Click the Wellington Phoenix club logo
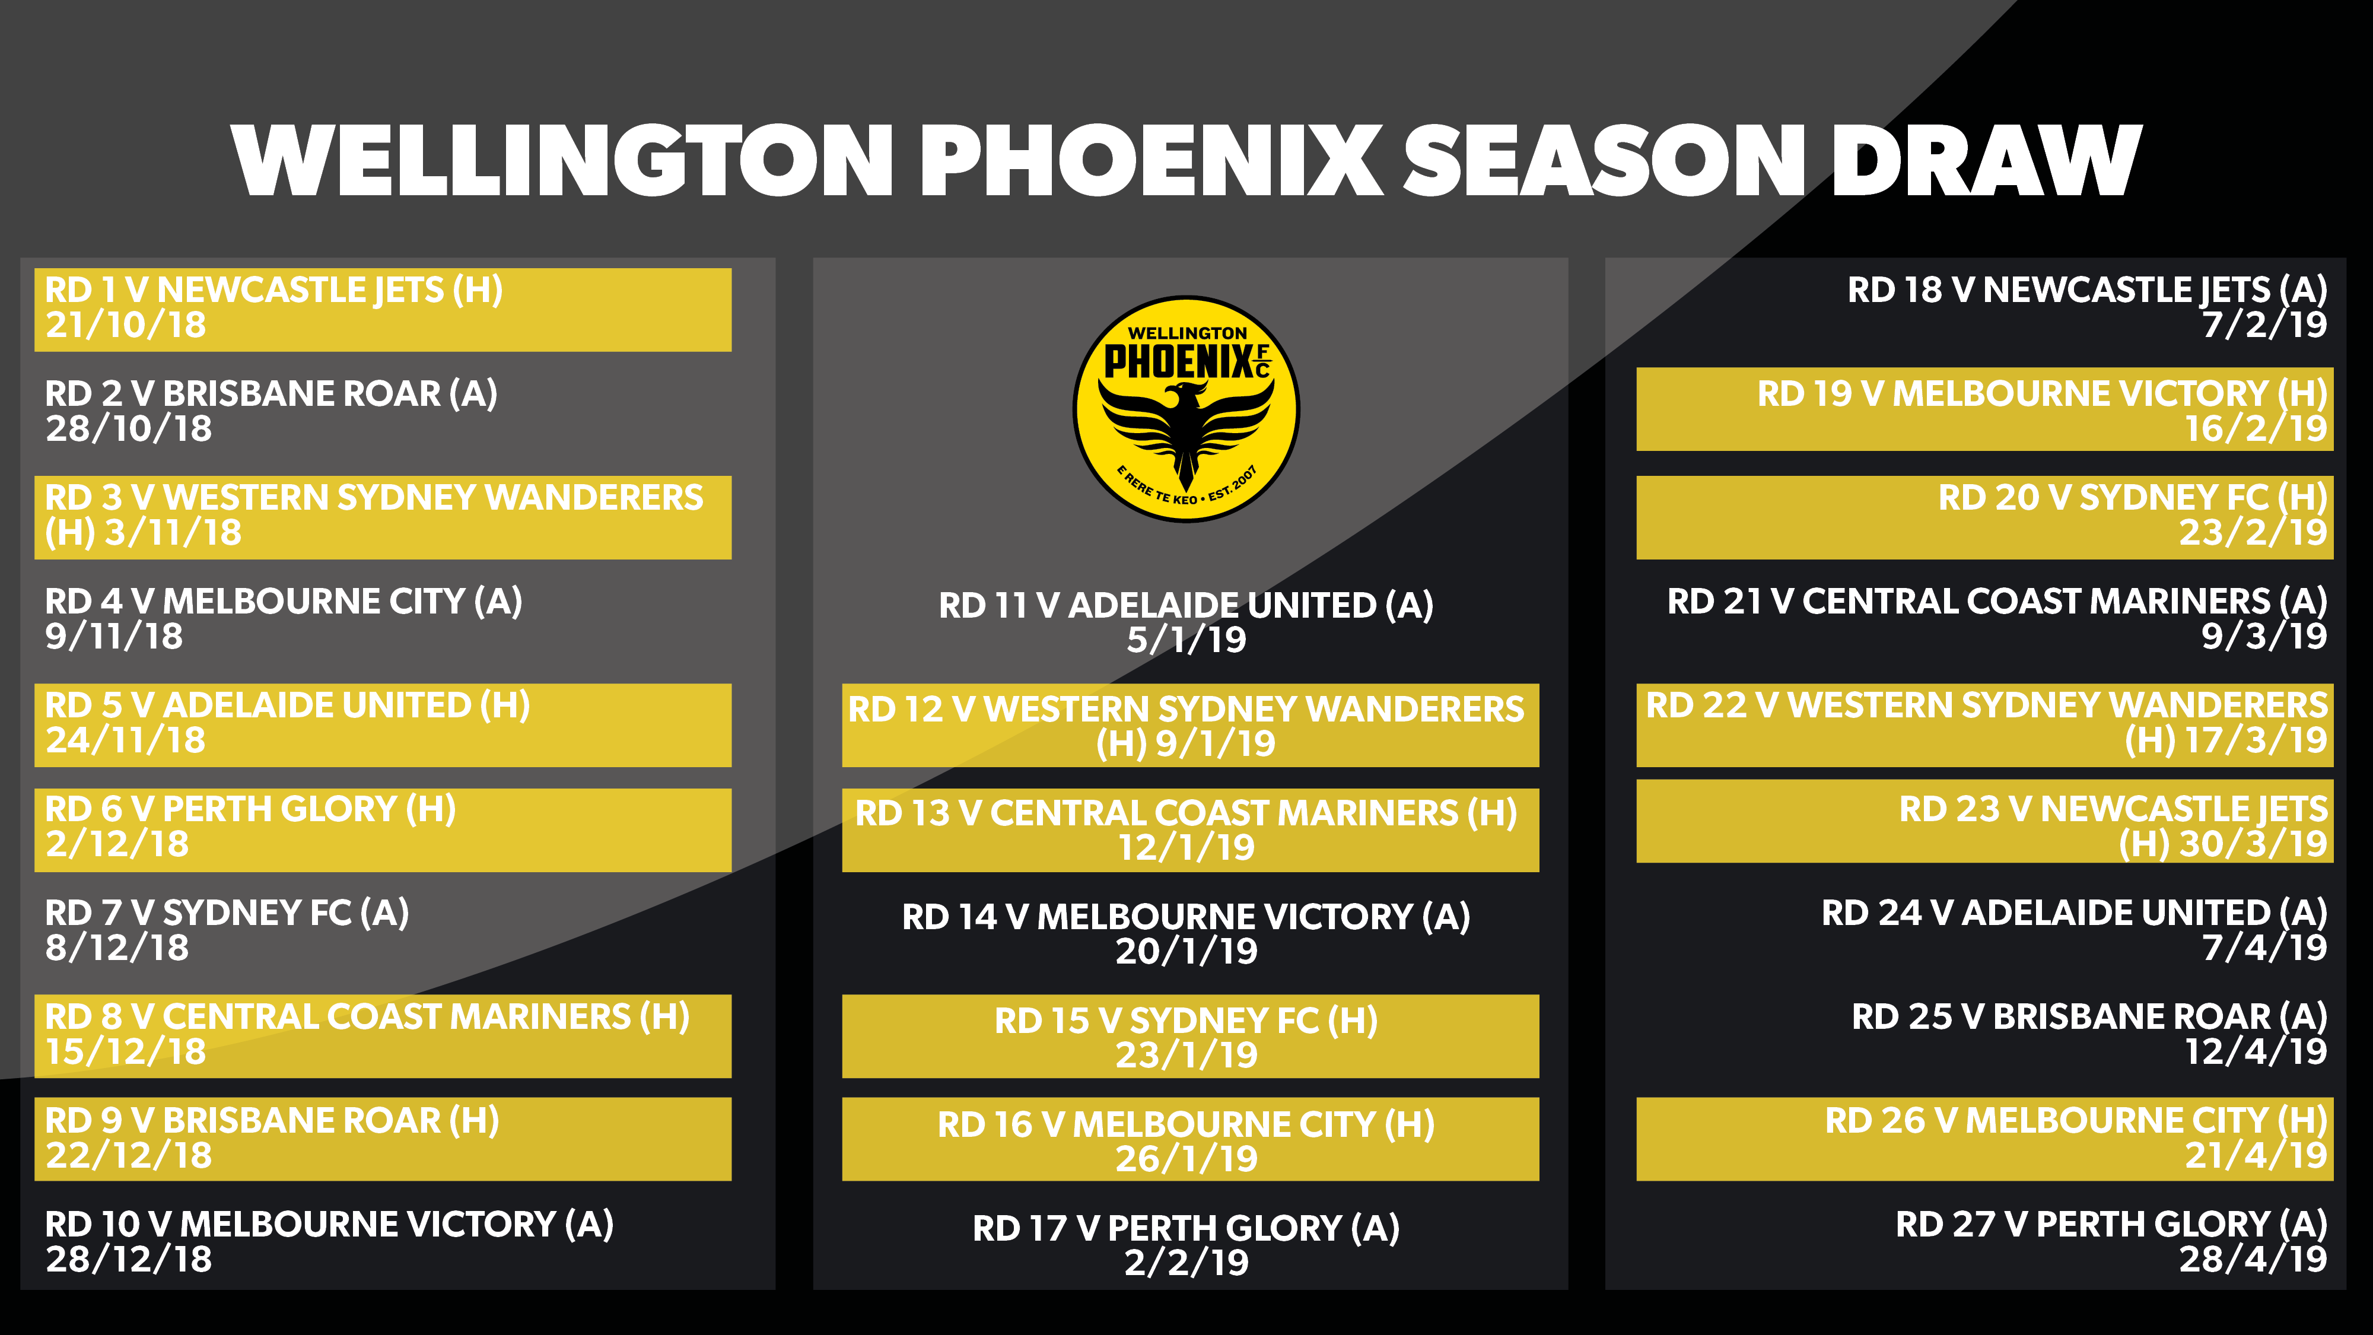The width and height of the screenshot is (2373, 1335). pyautogui.click(x=1186, y=409)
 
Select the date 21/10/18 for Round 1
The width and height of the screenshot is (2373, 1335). pyautogui.click(x=126, y=325)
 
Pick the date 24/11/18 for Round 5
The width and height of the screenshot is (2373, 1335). pyautogui.click(x=126, y=740)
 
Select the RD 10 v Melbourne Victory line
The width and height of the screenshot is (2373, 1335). pyautogui.click(x=329, y=1225)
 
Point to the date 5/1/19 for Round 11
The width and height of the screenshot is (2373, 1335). pyautogui.click(x=1186, y=640)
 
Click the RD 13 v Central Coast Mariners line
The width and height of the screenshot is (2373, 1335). pyautogui.click(x=1186, y=813)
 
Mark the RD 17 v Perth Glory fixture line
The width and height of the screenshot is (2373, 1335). pyautogui.click(x=1186, y=1229)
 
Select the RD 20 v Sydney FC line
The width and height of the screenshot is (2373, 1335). pyautogui.click(x=2133, y=498)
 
